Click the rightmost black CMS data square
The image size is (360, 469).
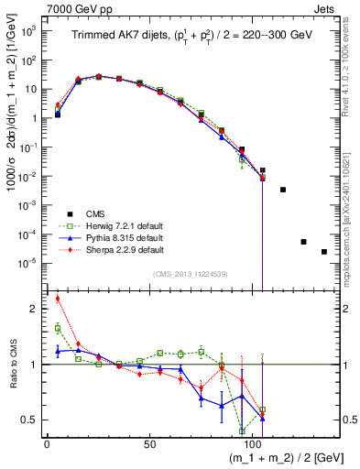(324, 252)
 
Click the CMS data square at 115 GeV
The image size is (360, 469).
(283, 190)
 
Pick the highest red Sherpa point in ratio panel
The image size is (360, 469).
(58, 298)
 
